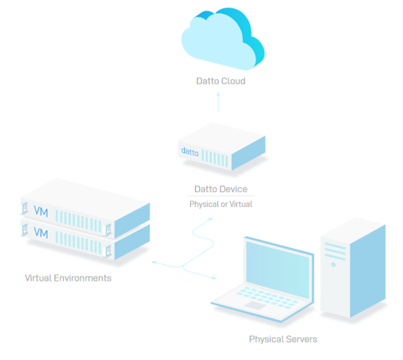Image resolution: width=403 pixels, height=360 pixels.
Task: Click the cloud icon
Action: click(x=223, y=38)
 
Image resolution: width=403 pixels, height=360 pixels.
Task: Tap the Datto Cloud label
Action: click(x=220, y=81)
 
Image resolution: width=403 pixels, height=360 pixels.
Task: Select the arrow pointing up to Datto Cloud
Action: click(x=218, y=101)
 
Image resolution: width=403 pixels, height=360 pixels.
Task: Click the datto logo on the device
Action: click(x=190, y=151)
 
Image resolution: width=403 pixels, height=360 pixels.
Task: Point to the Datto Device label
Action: click(x=220, y=189)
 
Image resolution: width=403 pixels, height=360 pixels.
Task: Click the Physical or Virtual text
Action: click(x=220, y=204)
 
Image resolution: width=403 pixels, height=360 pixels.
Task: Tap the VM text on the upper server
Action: click(x=41, y=211)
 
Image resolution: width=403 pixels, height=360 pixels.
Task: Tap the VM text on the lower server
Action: click(x=41, y=232)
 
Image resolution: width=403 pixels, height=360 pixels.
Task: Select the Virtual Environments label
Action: click(x=68, y=278)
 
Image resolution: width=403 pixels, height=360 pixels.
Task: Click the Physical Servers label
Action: click(x=283, y=339)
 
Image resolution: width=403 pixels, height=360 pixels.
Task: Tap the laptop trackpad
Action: click(x=255, y=305)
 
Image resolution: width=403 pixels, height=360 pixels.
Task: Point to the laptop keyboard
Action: click(x=267, y=296)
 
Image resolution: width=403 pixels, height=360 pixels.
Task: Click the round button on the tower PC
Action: click(x=333, y=264)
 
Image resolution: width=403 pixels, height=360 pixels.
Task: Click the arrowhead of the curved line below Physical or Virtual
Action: click(x=211, y=218)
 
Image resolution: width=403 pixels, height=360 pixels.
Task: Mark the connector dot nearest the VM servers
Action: click(x=154, y=262)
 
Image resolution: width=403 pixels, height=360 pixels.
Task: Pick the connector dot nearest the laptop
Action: click(x=214, y=278)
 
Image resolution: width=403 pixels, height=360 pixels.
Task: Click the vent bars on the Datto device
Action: click(x=215, y=158)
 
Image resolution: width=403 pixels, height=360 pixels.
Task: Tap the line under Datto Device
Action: click(x=220, y=196)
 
